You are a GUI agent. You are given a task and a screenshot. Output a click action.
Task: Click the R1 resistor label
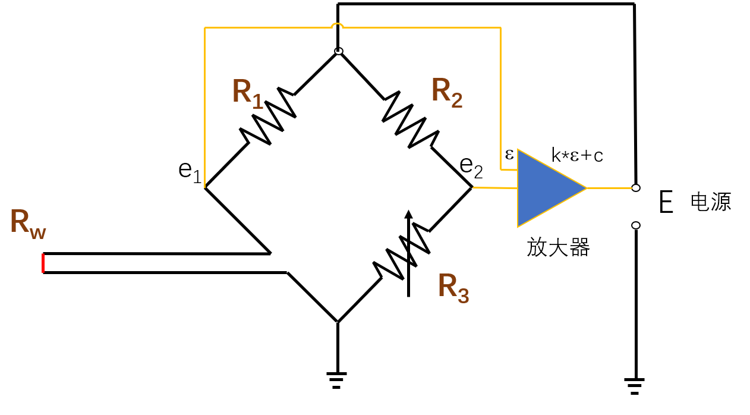coord(247,92)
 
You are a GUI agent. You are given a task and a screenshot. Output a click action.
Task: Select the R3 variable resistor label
coord(453,287)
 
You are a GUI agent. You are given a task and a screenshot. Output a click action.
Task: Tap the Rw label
coord(27,225)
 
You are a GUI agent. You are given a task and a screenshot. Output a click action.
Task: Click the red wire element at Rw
coord(43,263)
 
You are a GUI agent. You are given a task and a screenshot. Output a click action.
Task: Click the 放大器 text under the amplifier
coord(557,247)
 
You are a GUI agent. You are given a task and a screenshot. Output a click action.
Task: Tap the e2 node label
coord(471,168)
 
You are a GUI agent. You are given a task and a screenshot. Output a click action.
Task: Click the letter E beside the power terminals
coord(666,203)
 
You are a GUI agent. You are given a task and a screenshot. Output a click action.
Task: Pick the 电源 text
coord(710,202)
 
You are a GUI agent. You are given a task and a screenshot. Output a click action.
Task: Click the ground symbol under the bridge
coord(337,379)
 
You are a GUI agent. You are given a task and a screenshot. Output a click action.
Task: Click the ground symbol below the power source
coord(635,385)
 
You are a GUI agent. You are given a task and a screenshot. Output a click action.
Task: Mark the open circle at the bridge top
coord(338,51)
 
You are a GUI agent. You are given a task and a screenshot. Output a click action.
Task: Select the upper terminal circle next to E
coord(635,188)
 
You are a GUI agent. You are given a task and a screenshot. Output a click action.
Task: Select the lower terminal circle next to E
coord(635,225)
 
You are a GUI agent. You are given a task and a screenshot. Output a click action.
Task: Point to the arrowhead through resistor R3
coord(408,215)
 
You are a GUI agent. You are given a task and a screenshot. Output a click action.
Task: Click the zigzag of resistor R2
coord(409,118)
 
